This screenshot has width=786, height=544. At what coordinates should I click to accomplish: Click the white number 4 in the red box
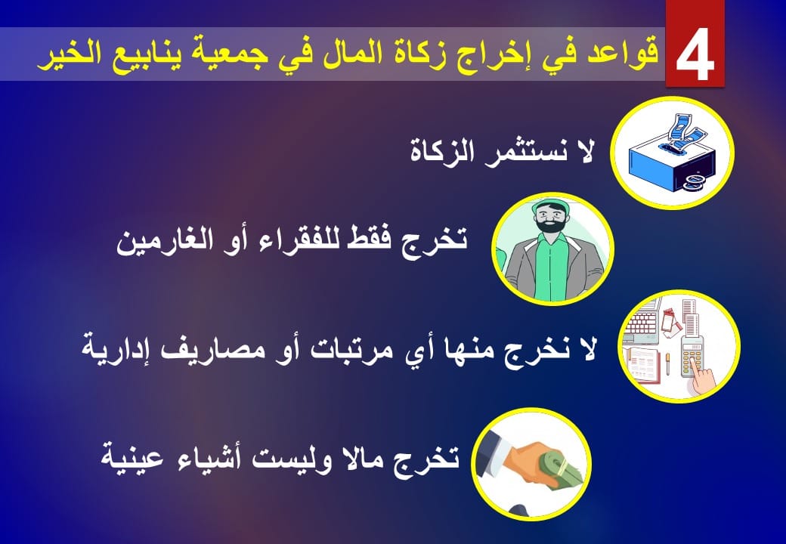point(695,54)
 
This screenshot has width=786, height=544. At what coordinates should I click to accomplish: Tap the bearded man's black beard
point(551,224)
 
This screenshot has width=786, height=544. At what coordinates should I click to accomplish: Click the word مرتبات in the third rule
point(337,349)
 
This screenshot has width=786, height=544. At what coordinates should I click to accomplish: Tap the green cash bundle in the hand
point(564,469)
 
